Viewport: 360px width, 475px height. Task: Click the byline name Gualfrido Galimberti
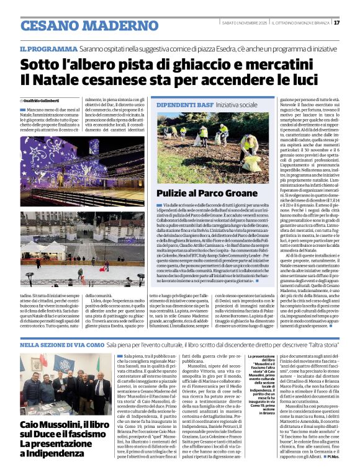[43, 100]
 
